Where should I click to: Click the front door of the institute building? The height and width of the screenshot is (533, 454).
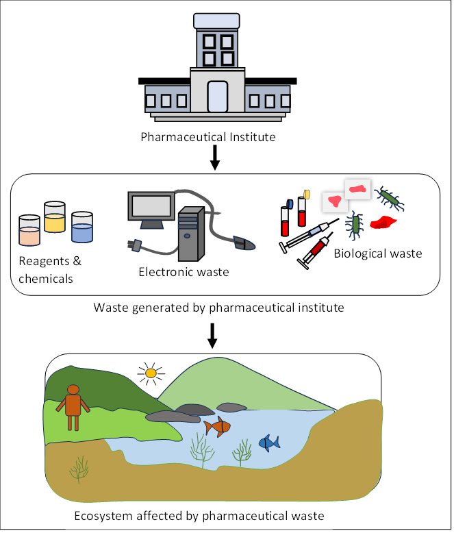click(217, 97)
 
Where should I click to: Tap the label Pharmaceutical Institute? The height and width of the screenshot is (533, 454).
click(208, 137)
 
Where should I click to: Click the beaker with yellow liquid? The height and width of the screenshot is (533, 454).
click(54, 218)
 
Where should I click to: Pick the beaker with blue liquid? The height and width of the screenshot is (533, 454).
click(81, 227)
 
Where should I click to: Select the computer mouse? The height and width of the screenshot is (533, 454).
click(243, 242)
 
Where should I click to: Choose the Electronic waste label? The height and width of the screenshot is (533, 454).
click(184, 272)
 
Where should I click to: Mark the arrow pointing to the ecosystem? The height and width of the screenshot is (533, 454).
click(212, 334)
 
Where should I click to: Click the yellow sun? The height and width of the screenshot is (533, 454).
click(151, 373)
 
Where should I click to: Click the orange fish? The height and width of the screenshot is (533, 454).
click(218, 427)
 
